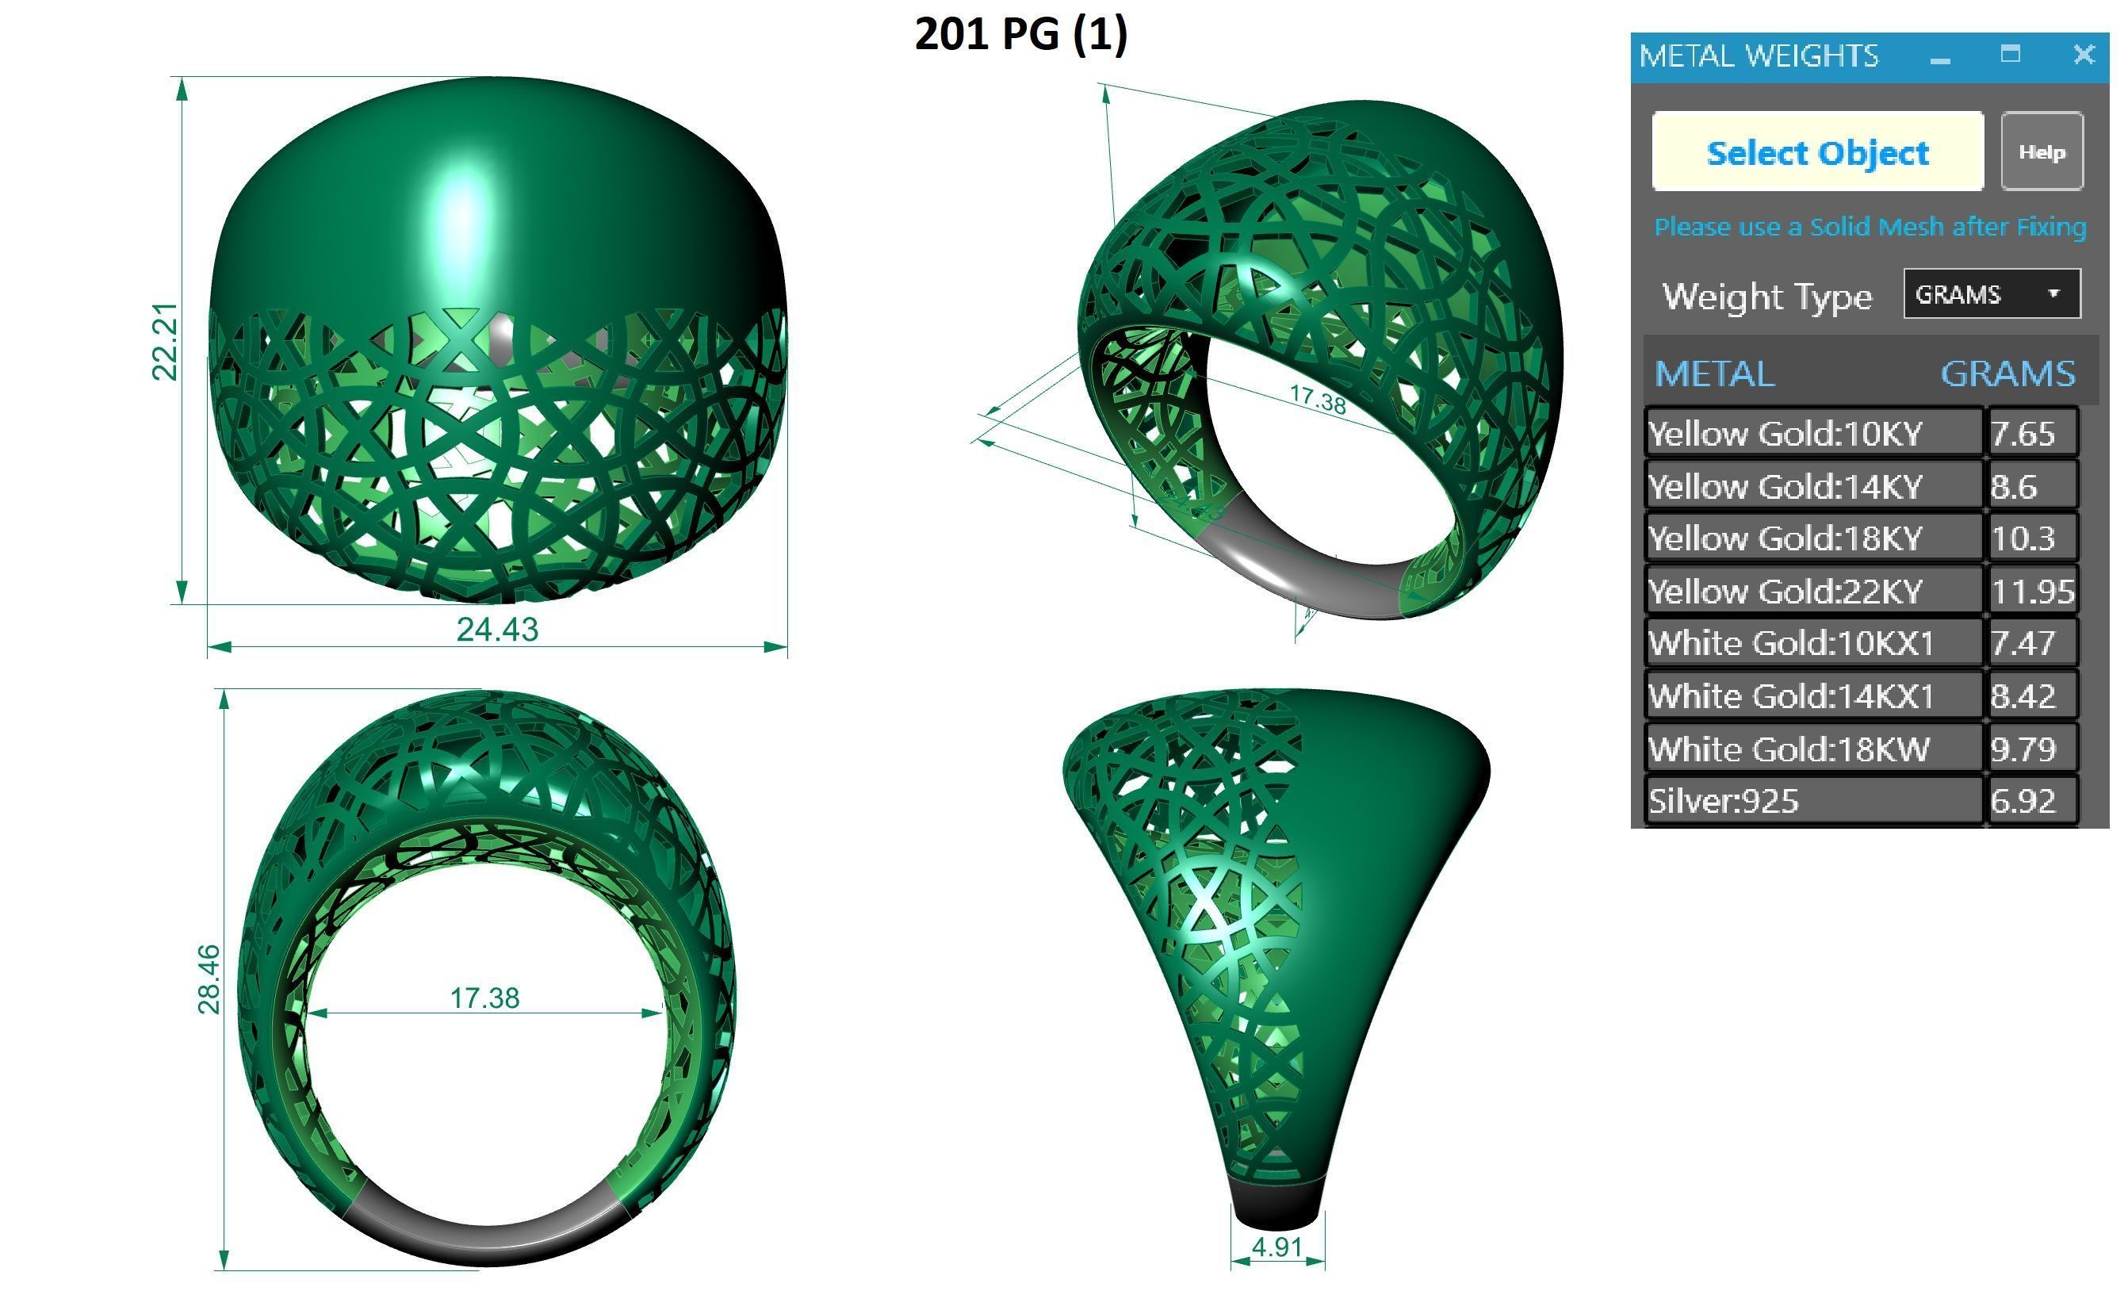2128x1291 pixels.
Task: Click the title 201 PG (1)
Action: [x=1021, y=35]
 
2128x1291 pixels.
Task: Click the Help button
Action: [x=2042, y=152]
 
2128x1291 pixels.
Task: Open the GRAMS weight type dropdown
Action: [x=1992, y=294]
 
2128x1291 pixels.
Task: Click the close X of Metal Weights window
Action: [x=2084, y=56]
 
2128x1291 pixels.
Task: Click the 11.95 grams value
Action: [x=2032, y=592]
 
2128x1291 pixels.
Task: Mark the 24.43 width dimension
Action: [x=496, y=630]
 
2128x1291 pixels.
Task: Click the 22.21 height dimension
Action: [x=164, y=341]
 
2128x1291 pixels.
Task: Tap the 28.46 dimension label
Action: [x=209, y=979]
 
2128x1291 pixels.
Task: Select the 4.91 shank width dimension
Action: [x=1276, y=1247]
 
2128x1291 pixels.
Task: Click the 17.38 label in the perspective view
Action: [x=1317, y=399]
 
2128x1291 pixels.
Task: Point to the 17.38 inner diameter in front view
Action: [x=484, y=998]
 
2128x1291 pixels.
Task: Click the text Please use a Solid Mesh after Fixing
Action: [x=1870, y=227]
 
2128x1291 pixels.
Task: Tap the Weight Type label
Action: [x=1767, y=297]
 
